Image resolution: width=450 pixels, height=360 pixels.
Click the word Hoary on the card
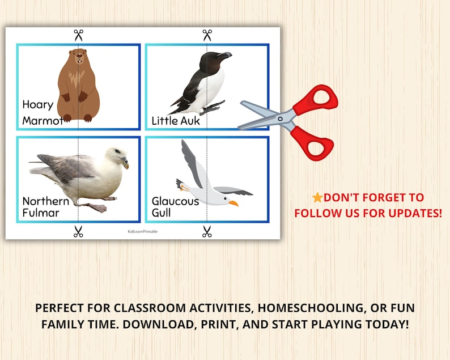[37, 104]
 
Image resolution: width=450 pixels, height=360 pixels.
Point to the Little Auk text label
[176, 121]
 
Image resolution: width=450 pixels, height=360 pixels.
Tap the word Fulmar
[41, 213]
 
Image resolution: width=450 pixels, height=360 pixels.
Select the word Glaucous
[175, 201]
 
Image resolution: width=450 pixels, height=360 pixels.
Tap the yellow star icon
[317, 198]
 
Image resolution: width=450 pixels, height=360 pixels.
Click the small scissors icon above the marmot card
[78, 35]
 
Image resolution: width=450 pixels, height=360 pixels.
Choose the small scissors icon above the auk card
[207, 35]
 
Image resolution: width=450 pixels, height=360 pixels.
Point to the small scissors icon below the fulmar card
[78, 231]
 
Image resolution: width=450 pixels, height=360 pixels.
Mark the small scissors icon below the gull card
[207, 231]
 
